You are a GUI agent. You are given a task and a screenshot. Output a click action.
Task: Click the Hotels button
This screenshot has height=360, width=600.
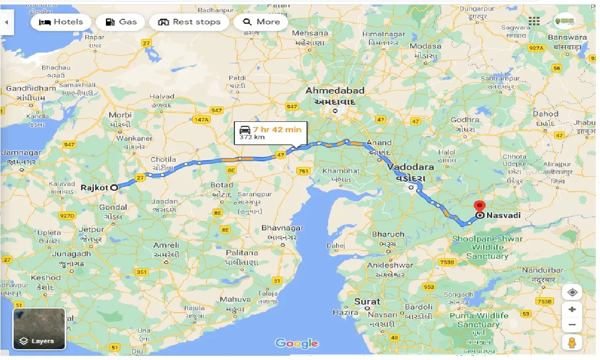point(61,22)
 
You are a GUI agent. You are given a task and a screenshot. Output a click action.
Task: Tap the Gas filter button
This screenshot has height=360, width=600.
point(121,22)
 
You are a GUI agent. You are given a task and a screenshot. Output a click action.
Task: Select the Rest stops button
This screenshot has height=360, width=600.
point(189,22)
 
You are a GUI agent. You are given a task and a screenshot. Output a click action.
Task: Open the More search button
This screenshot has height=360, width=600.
point(261,22)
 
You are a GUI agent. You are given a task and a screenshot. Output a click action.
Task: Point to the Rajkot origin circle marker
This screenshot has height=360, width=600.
point(114,187)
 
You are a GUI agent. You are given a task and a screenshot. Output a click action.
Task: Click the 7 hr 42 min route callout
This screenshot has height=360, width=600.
point(271,133)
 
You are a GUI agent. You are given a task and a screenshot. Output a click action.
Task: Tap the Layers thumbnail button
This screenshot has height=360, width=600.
point(39,329)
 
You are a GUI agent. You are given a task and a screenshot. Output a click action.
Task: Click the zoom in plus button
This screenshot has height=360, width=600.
point(572,310)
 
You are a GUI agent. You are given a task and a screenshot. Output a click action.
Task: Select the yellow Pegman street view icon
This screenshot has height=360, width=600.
point(572,343)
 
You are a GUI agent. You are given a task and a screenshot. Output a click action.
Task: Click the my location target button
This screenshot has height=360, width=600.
point(572,293)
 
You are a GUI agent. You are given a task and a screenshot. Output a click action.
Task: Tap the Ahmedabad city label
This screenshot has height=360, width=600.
point(335,90)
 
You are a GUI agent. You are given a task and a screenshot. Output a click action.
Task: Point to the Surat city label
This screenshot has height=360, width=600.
point(367,301)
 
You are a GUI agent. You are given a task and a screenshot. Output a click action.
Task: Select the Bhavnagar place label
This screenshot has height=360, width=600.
point(282,229)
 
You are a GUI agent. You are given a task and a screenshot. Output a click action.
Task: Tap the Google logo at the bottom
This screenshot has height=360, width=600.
point(297,344)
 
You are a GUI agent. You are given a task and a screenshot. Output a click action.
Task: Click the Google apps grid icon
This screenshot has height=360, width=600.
point(534,21)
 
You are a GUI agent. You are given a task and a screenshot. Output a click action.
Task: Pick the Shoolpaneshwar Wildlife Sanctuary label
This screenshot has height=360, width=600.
point(487,247)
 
